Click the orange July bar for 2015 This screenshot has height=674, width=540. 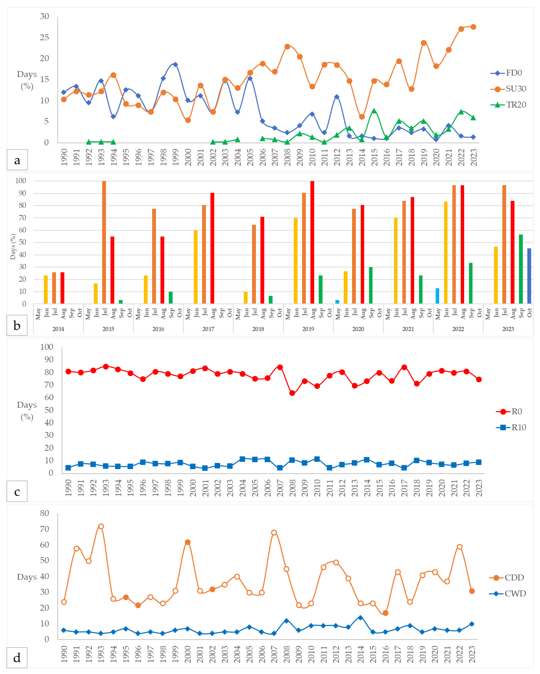click(104, 242)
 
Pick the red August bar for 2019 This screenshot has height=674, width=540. click(312, 242)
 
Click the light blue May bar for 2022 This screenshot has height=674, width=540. click(437, 296)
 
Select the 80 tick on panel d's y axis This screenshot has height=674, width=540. click(44, 513)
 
